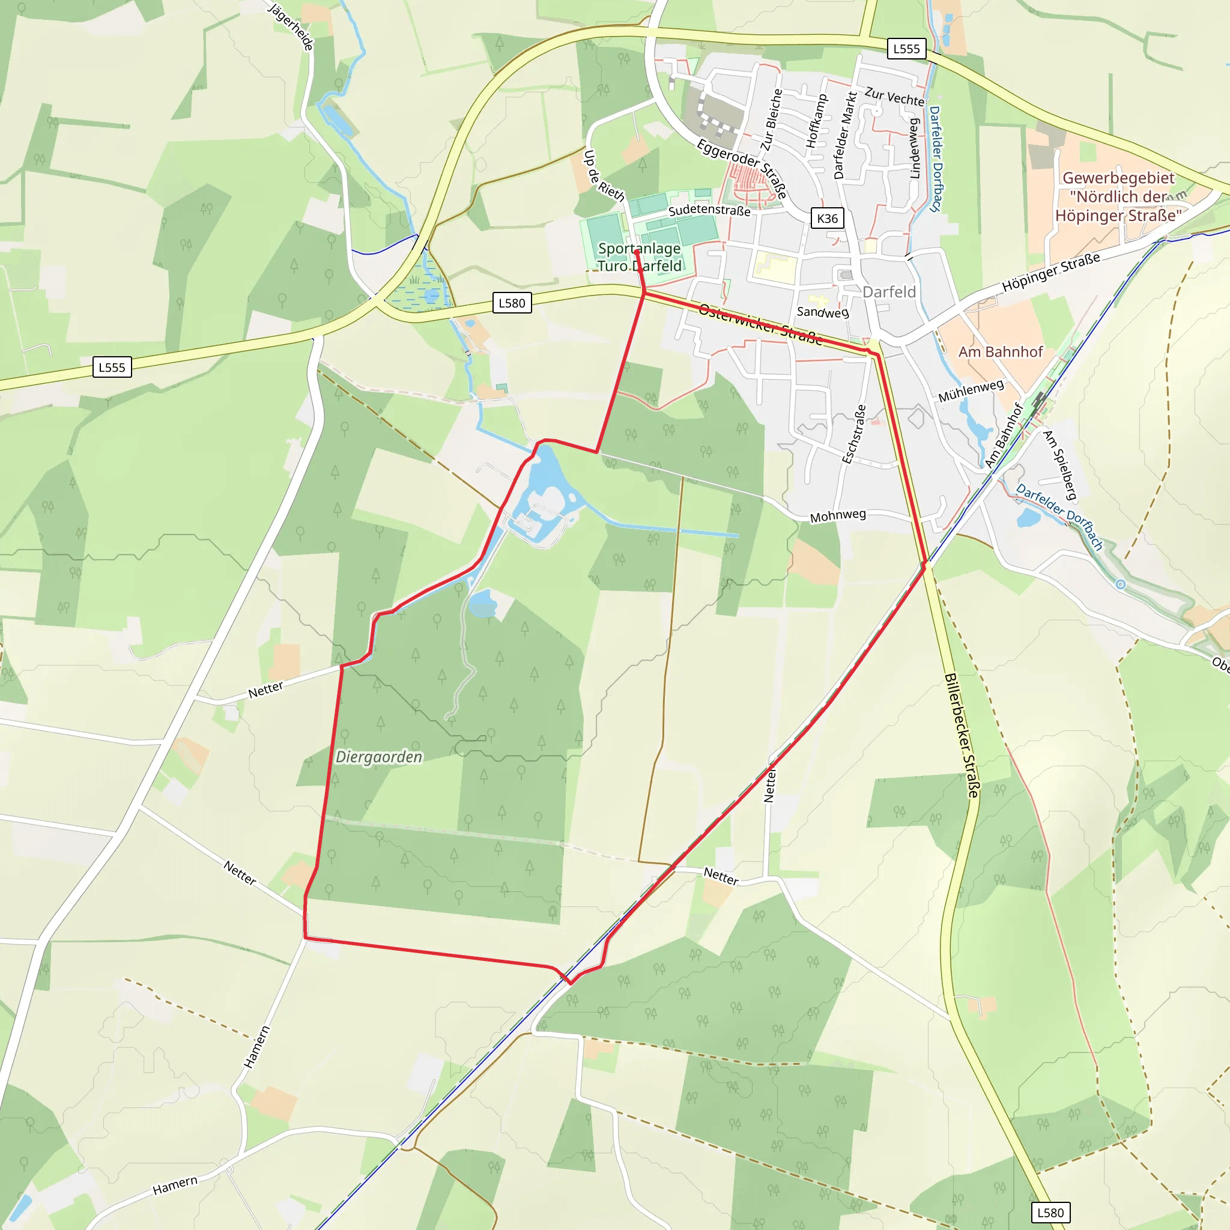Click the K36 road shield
tap(827, 219)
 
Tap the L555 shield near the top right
tap(906, 49)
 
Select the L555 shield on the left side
tap(112, 368)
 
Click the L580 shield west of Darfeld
tap(512, 303)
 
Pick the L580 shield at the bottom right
tap(1050, 1212)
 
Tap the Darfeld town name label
tap(889, 292)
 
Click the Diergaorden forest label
tap(379, 757)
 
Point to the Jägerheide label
tap(291, 27)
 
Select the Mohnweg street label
tap(838, 516)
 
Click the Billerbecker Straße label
tap(962, 735)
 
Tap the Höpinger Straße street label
tap(1050, 273)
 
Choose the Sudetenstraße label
tap(709, 210)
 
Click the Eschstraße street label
tap(855, 434)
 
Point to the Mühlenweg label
tap(971, 390)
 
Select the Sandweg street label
tap(823, 312)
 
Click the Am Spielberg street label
tap(1059, 465)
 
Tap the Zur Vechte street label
tap(894, 97)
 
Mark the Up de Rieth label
tap(604, 176)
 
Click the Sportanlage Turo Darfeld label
tap(639, 257)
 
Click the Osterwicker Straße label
tap(760, 324)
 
